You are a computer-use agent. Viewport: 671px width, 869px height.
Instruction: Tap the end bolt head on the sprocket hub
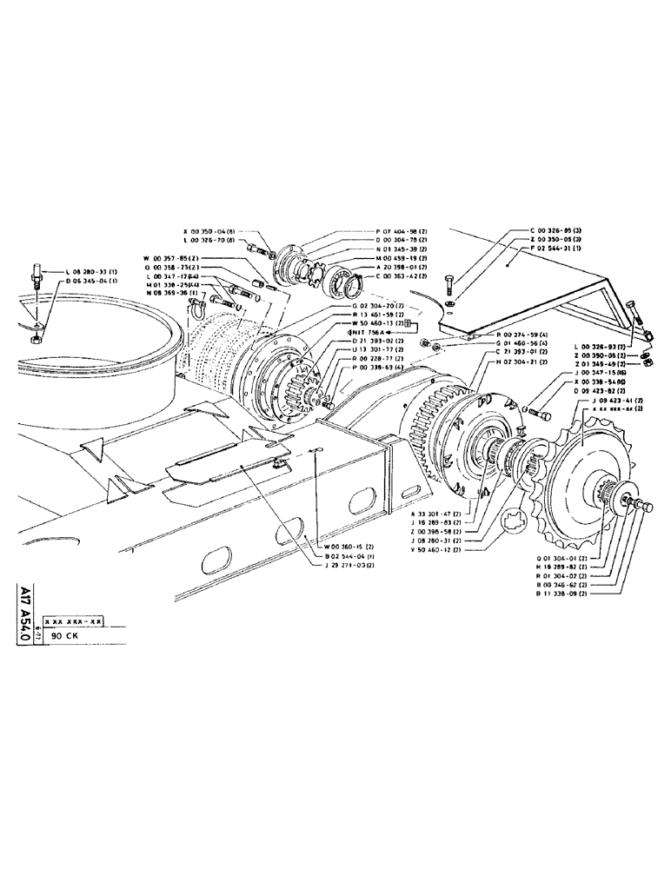(645, 507)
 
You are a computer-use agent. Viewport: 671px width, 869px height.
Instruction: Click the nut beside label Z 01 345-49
(648, 362)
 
